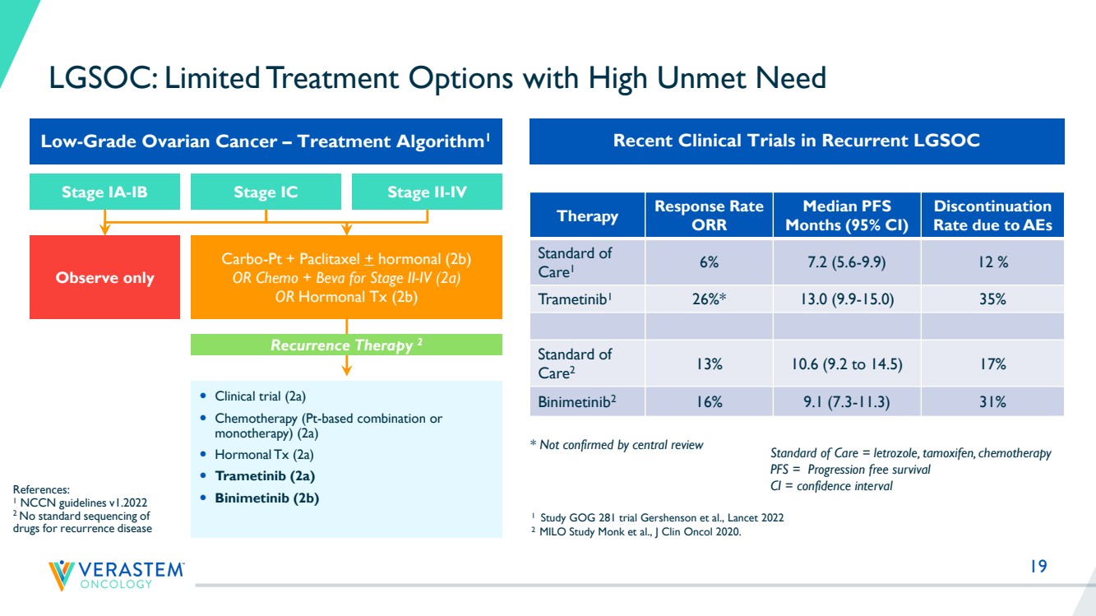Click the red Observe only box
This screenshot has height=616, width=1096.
[104, 277]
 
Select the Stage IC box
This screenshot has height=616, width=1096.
[266, 192]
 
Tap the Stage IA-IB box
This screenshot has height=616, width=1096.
[104, 192]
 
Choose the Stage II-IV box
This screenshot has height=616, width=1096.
[428, 192]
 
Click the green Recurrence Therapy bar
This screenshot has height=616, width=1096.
[346, 345]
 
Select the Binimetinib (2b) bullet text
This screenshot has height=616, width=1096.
[266, 498]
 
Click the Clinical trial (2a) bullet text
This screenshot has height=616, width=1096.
[260, 396]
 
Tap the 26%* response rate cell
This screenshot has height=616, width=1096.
[709, 299]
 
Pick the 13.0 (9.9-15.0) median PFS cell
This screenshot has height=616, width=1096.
[847, 299]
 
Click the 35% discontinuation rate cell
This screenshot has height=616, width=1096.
[992, 299]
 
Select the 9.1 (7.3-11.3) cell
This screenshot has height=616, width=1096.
[847, 401]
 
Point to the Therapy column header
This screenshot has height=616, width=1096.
[588, 215]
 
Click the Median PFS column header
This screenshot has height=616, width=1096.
[847, 215]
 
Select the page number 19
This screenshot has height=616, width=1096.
[1038, 566]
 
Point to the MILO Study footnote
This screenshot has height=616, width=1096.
[636, 532]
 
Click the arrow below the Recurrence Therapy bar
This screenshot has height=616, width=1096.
[346, 365]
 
